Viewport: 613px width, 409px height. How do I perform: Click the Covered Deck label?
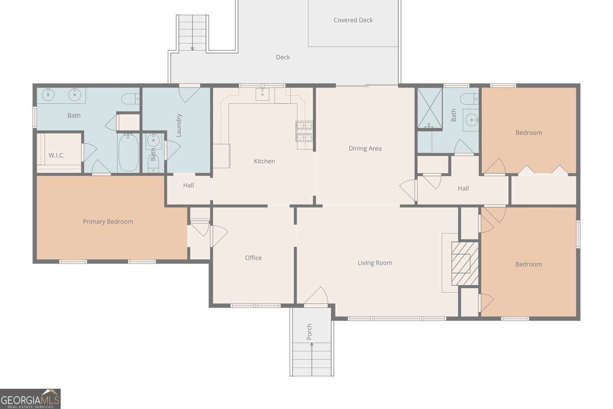coord(353,20)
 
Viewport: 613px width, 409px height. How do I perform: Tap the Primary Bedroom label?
coord(108,222)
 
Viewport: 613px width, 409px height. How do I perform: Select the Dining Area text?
coord(365,148)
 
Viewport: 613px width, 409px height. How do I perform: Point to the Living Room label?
coord(375,263)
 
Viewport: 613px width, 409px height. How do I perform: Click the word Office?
coord(253,258)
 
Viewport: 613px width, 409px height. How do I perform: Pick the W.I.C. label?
coord(57,156)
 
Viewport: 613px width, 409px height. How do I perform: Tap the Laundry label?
coord(179,125)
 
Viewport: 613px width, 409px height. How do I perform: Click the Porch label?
coord(309,332)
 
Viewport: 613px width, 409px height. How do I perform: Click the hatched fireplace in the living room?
coord(465,264)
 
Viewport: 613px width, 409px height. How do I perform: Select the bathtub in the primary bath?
coord(128,153)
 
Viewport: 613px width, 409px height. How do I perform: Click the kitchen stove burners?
coord(304,131)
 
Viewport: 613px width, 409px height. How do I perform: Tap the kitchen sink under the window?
coord(262,94)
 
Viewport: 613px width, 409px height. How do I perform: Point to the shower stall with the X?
coord(430,108)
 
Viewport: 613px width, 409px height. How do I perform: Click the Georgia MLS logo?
coord(30,399)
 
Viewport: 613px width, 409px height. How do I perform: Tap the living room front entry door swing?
coord(316,296)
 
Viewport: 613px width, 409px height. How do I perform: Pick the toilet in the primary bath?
coord(130,99)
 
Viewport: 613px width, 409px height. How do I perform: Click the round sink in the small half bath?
coord(153,140)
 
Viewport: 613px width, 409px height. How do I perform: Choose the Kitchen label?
coord(264,161)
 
